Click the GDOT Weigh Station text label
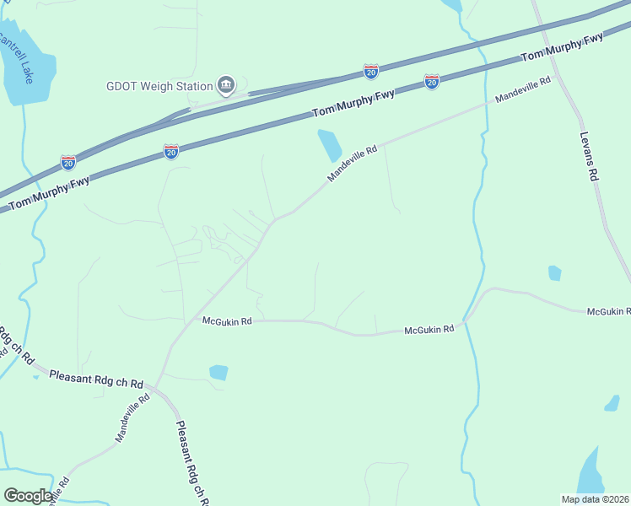click(159, 86)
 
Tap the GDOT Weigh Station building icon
click(225, 85)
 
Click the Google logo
click(28, 496)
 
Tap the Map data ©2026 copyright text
click(595, 499)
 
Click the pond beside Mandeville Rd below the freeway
click(329, 145)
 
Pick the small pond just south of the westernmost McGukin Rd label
click(218, 372)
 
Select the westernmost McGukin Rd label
click(227, 321)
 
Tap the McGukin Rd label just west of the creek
click(429, 329)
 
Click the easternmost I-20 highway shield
click(432, 82)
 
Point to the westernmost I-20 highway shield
click(68, 162)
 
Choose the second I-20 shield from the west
click(170, 152)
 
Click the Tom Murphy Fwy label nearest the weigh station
click(353, 103)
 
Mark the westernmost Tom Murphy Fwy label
click(50, 194)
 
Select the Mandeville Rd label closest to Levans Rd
click(522, 89)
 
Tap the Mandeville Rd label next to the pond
click(352, 164)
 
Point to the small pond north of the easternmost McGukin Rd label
click(554, 272)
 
